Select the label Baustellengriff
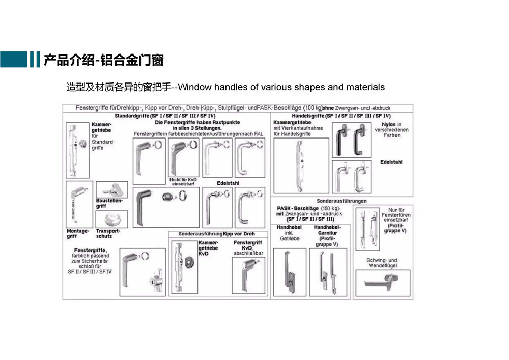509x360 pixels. point(107,204)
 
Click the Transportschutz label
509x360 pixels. point(108,234)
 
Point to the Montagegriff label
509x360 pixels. point(78,234)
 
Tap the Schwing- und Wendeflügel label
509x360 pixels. point(382,263)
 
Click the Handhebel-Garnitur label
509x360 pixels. point(327,236)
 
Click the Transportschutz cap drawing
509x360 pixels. point(112,219)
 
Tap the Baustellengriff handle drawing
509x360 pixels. point(111,189)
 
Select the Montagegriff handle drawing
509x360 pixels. point(79,204)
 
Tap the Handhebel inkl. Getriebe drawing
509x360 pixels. point(290,272)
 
